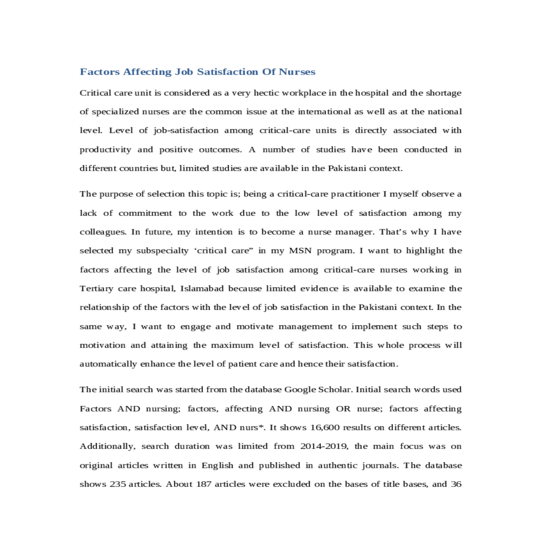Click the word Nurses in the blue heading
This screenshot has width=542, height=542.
click(297, 72)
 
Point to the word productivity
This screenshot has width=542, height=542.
click(105, 150)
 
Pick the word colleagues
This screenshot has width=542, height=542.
click(103, 232)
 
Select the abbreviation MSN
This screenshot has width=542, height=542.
click(300, 251)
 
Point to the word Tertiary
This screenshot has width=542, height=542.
click(96, 289)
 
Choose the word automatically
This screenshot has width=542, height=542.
click(108, 364)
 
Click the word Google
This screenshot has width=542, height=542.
click(300, 390)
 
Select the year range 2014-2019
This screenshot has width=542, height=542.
click(324, 447)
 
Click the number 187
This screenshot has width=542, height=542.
click(204, 484)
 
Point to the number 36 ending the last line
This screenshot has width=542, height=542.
click(456, 484)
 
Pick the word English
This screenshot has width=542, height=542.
click(217, 466)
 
